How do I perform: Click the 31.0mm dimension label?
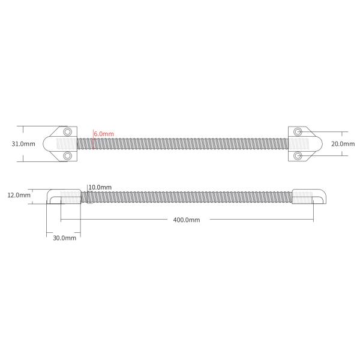[23, 144]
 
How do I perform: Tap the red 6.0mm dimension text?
[104, 134]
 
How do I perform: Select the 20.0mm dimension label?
[344, 144]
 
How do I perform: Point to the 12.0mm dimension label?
[18, 196]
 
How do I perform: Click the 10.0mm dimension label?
[100, 188]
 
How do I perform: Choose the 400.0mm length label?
[186, 220]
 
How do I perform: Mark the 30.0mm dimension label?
[64, 238]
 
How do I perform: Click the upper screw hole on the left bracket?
[68, 131]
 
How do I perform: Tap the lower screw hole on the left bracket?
[68, 156]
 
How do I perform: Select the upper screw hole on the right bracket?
[298, 131]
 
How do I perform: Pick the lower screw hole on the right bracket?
[298, 156]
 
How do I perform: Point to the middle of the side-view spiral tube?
[186, 196]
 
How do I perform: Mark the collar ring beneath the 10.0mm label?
[88, 196]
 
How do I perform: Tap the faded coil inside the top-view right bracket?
[303, 144]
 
